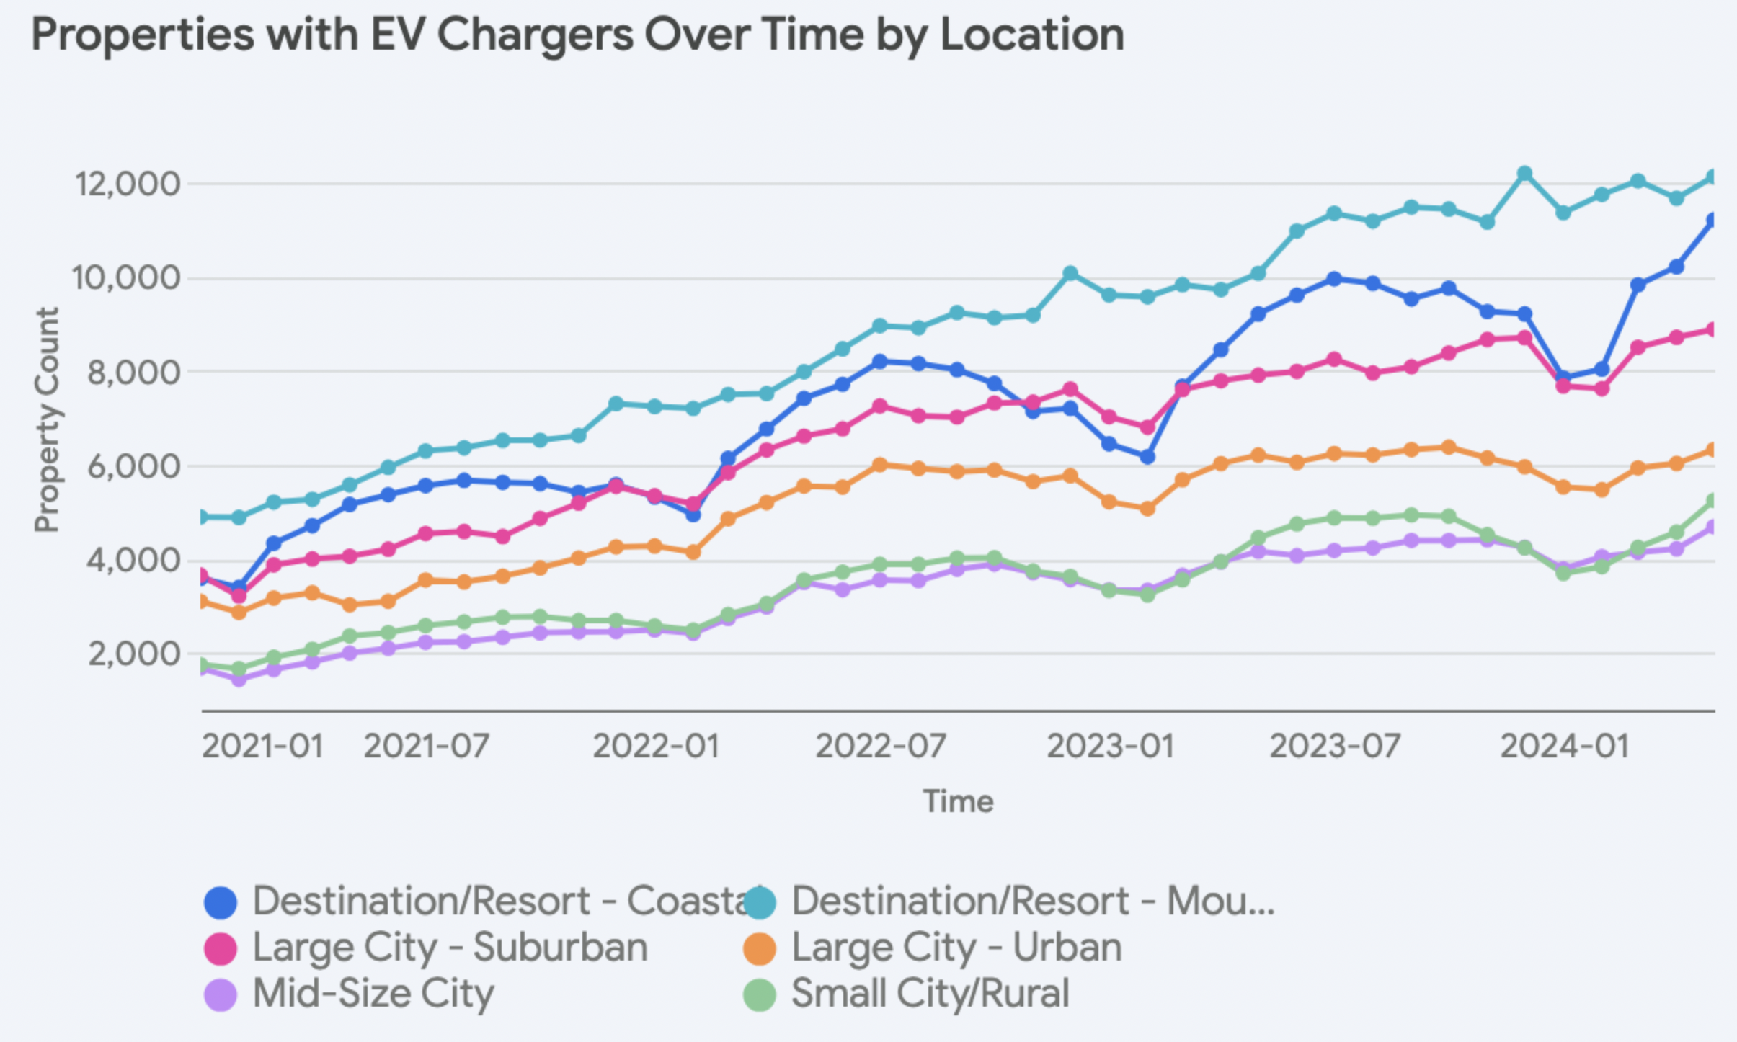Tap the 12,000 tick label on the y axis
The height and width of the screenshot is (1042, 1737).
click(128, 184)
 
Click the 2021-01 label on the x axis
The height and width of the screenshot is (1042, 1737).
click(262, 747)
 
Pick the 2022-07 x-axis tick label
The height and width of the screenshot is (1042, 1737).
click(881, 747)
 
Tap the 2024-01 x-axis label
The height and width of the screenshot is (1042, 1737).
click(1565, 747)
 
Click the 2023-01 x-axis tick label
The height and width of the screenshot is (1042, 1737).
click(1111, 747)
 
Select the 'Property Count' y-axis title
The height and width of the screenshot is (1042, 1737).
click(48, 420)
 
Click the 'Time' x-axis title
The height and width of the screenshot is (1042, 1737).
click(959, 801)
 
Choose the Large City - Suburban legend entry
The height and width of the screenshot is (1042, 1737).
click(450, 948)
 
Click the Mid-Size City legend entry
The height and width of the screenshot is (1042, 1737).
click(373, 994)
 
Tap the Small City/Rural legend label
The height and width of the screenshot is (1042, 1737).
click(930, 994)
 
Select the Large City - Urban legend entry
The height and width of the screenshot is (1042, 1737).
click(956, 948)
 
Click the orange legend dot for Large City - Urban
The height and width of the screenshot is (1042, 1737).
click(760, 949)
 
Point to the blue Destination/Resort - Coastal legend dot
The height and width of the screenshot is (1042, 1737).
click(221, 903)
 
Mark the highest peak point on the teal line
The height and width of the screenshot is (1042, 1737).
click(1524, 174)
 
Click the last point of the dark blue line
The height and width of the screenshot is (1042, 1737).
click(1712, 220)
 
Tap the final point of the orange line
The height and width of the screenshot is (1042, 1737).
click(1712, 450)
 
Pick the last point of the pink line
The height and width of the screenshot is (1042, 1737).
click(1712, 329)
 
